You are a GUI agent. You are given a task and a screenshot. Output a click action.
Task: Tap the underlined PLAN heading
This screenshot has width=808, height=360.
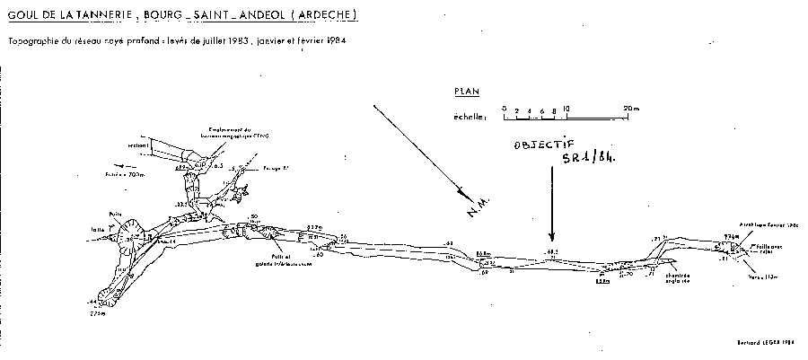pos(468,91)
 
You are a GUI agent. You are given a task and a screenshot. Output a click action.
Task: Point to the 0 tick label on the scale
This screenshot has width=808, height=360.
pos(504,109)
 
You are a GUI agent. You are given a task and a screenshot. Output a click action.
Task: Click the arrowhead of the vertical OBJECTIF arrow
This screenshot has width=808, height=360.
pos(550,231)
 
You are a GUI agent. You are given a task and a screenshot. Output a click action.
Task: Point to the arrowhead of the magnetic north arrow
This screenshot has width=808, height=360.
pos(463,191)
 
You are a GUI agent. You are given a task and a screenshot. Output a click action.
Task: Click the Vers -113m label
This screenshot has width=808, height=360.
pos(761,276)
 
